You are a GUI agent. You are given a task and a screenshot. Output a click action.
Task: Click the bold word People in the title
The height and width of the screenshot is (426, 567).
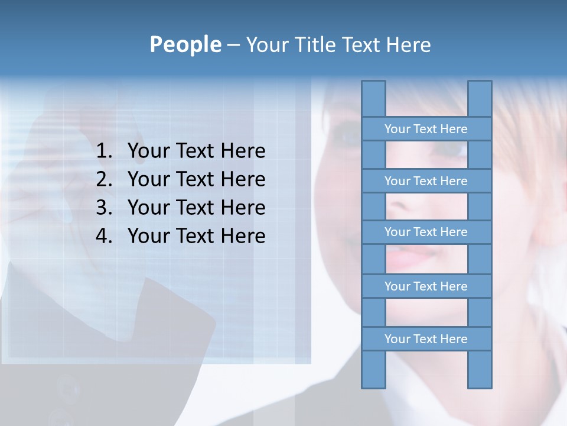point(185,44)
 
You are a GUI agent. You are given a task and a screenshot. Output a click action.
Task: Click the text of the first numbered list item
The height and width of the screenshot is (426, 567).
point(196,151)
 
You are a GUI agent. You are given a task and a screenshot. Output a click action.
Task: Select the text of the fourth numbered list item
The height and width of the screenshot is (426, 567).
point(196,236)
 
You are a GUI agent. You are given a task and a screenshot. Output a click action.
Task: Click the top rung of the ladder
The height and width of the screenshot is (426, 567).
point(426,129)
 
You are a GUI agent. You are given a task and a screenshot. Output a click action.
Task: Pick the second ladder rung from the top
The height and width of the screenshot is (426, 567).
point(426,181)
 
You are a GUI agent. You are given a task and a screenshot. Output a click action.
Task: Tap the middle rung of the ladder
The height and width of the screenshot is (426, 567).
point(426,232)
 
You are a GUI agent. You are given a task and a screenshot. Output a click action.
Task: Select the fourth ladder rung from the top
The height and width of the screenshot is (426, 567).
point(426,286)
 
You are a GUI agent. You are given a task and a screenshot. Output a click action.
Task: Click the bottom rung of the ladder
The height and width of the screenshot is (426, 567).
point(426,339)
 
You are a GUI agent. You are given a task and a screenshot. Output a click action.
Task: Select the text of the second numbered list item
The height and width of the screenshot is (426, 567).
point(196,179)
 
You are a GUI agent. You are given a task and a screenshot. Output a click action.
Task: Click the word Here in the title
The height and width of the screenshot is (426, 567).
point(408,45)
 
